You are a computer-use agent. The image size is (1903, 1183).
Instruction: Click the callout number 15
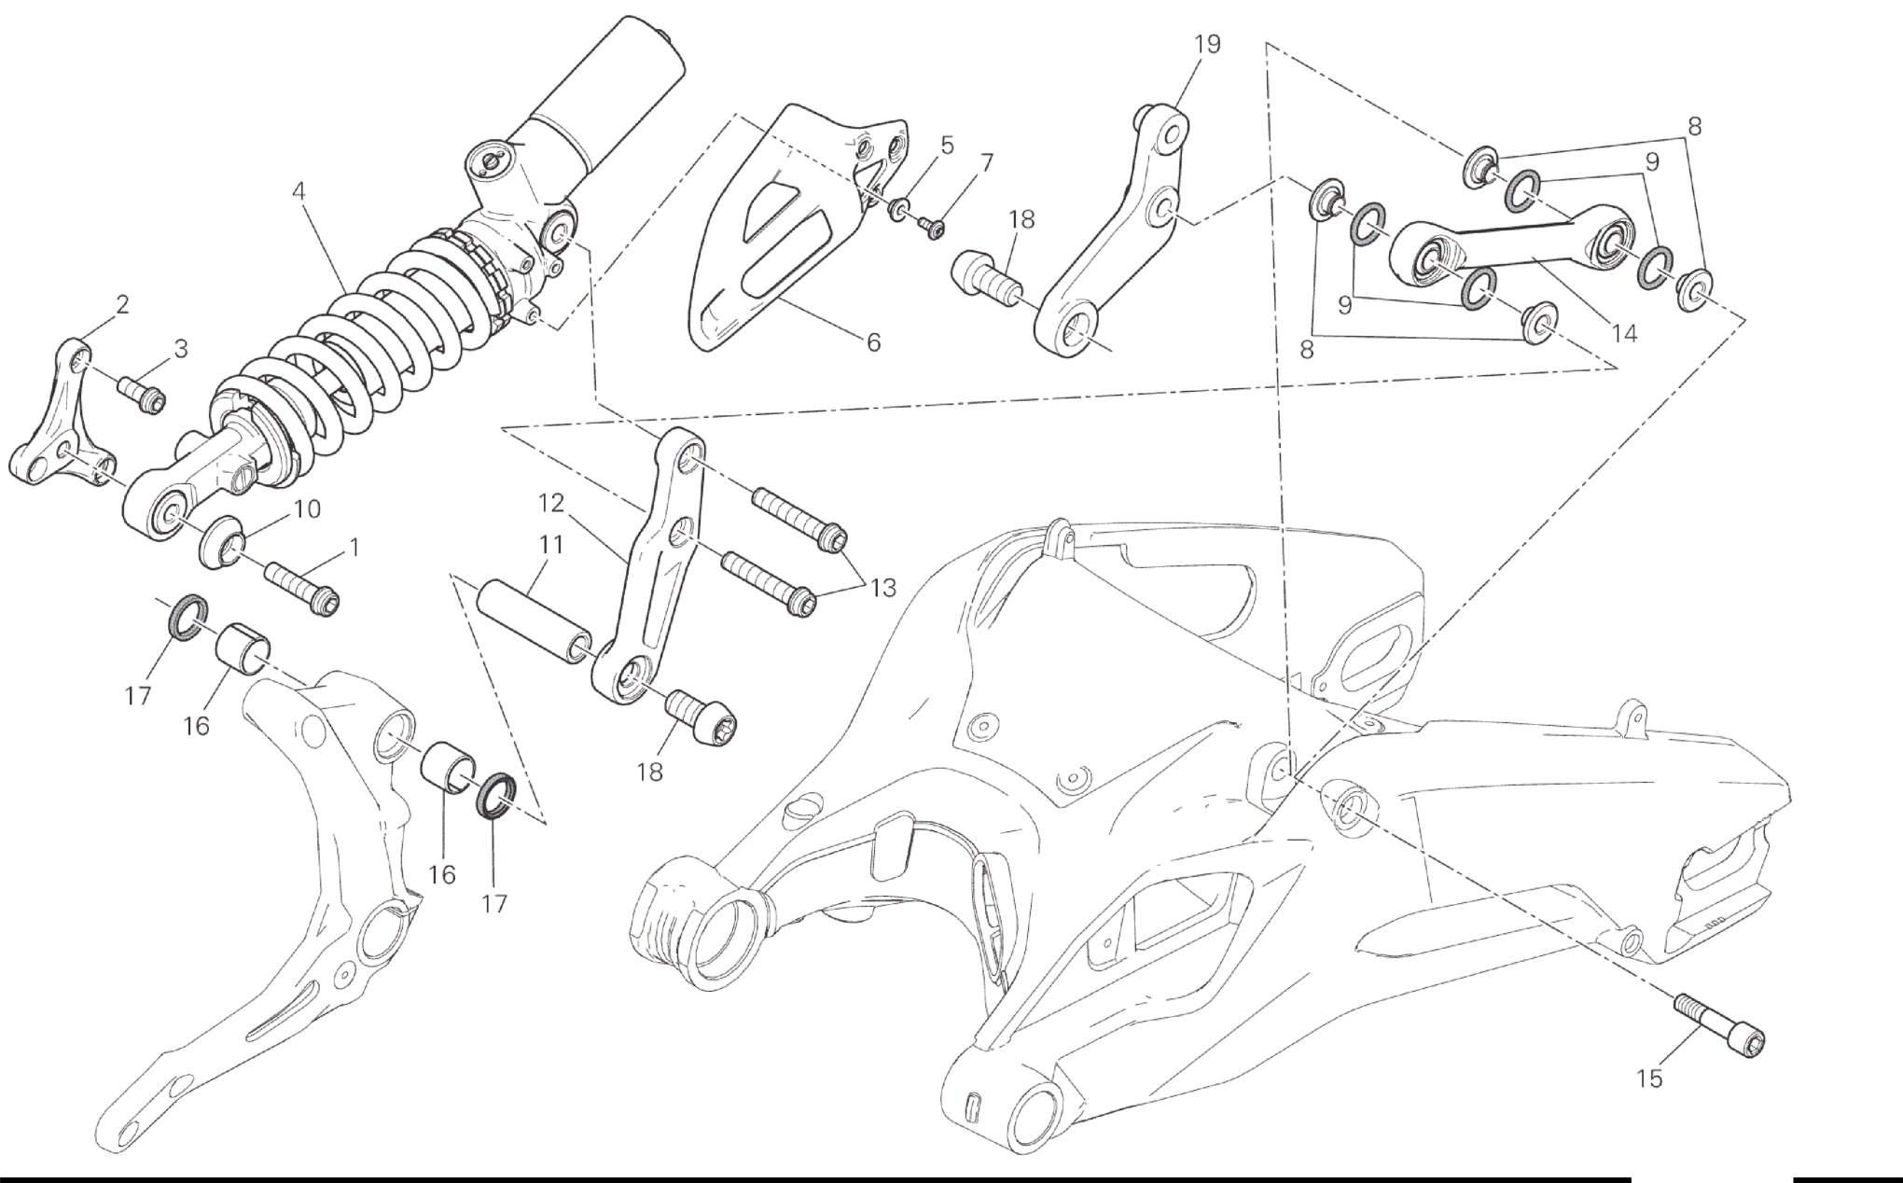coord(1649,1079)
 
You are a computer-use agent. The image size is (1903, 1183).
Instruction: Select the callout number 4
coord(299,191)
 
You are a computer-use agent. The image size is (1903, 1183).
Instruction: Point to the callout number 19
coord(1207,44)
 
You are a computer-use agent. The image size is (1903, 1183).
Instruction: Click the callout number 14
coord(1624,333)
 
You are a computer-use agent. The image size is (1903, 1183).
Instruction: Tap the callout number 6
coord(873,342)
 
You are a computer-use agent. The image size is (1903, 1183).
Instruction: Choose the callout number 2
coord(122,304)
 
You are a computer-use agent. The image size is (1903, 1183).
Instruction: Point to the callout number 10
coord(307,508)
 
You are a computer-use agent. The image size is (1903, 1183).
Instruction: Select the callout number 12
coord(551,503)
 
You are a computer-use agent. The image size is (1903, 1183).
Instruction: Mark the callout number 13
coord(882,588)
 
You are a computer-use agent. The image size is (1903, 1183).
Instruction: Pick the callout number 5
coord(947,145)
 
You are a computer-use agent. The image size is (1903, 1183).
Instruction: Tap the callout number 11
coord(551,544)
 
